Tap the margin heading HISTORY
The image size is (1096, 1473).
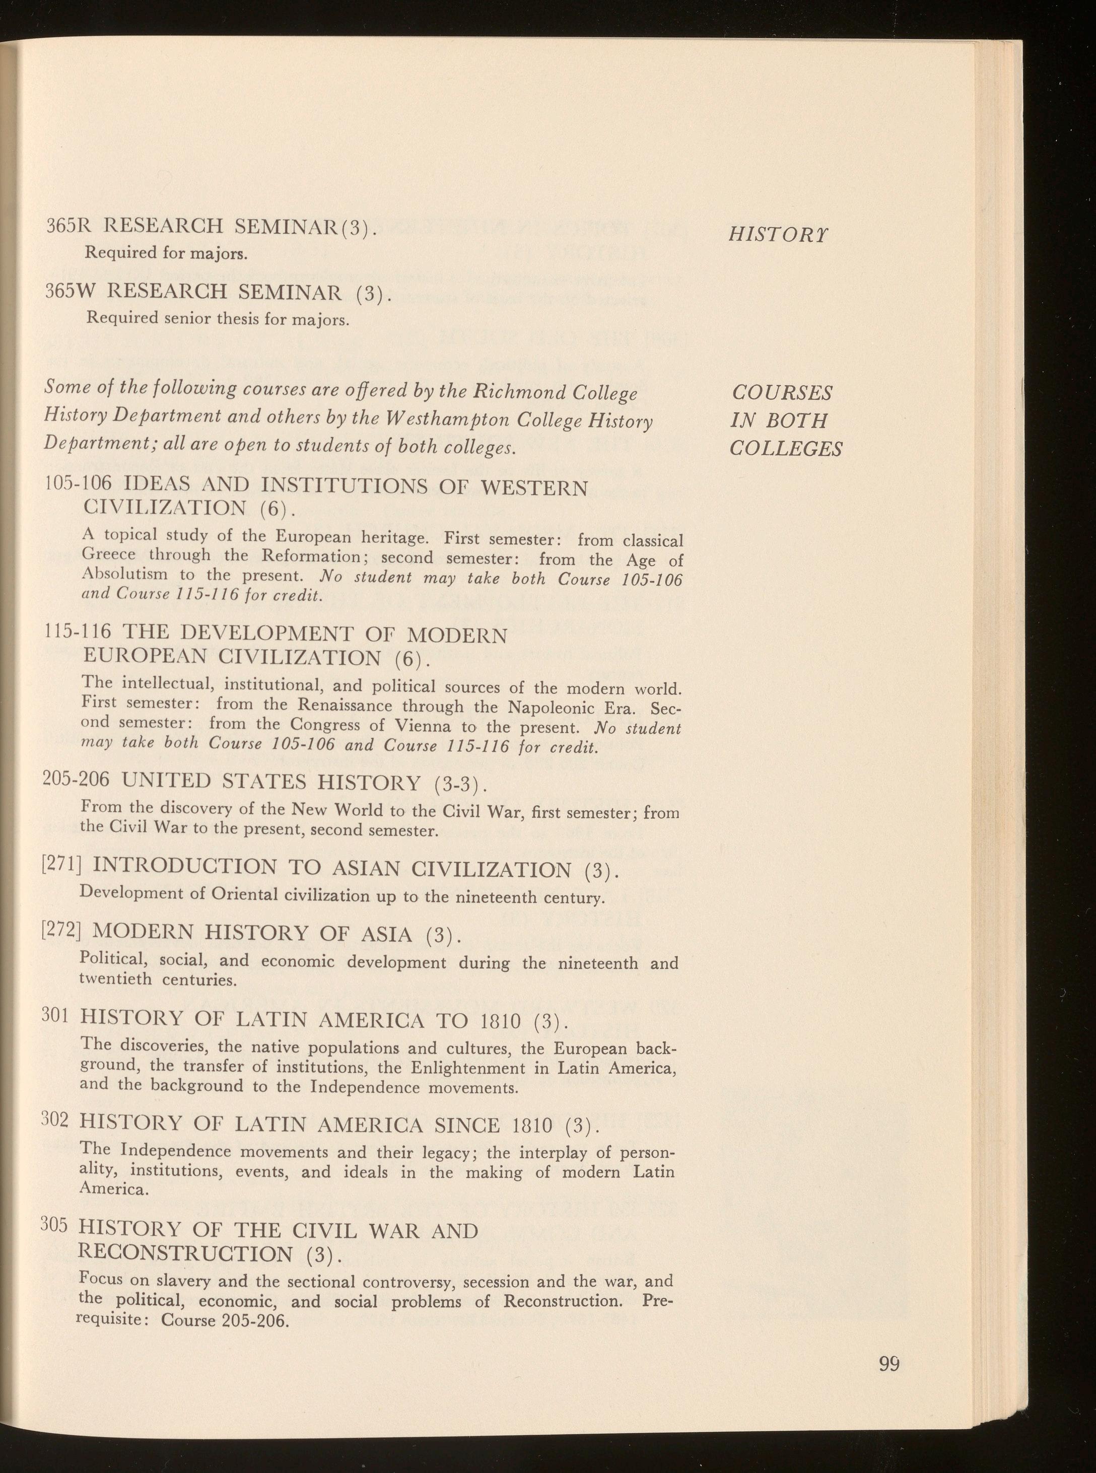tap(778, 235)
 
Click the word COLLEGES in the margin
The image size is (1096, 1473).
tap(786, 450)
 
